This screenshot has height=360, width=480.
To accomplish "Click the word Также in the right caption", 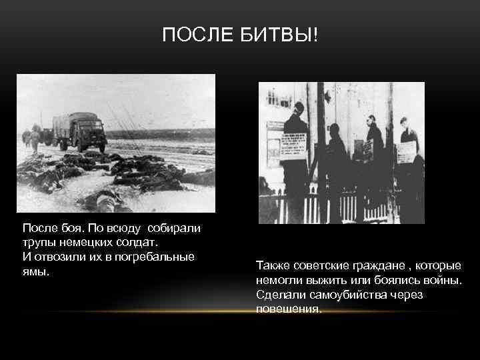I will click(x=272, y=266).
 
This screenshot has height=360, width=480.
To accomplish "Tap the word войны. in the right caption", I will click(x=443, y=280).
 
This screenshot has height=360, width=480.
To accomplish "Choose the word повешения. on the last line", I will click(x=288, y=309).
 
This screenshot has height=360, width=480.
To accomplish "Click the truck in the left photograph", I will click(x=79, y=131).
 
